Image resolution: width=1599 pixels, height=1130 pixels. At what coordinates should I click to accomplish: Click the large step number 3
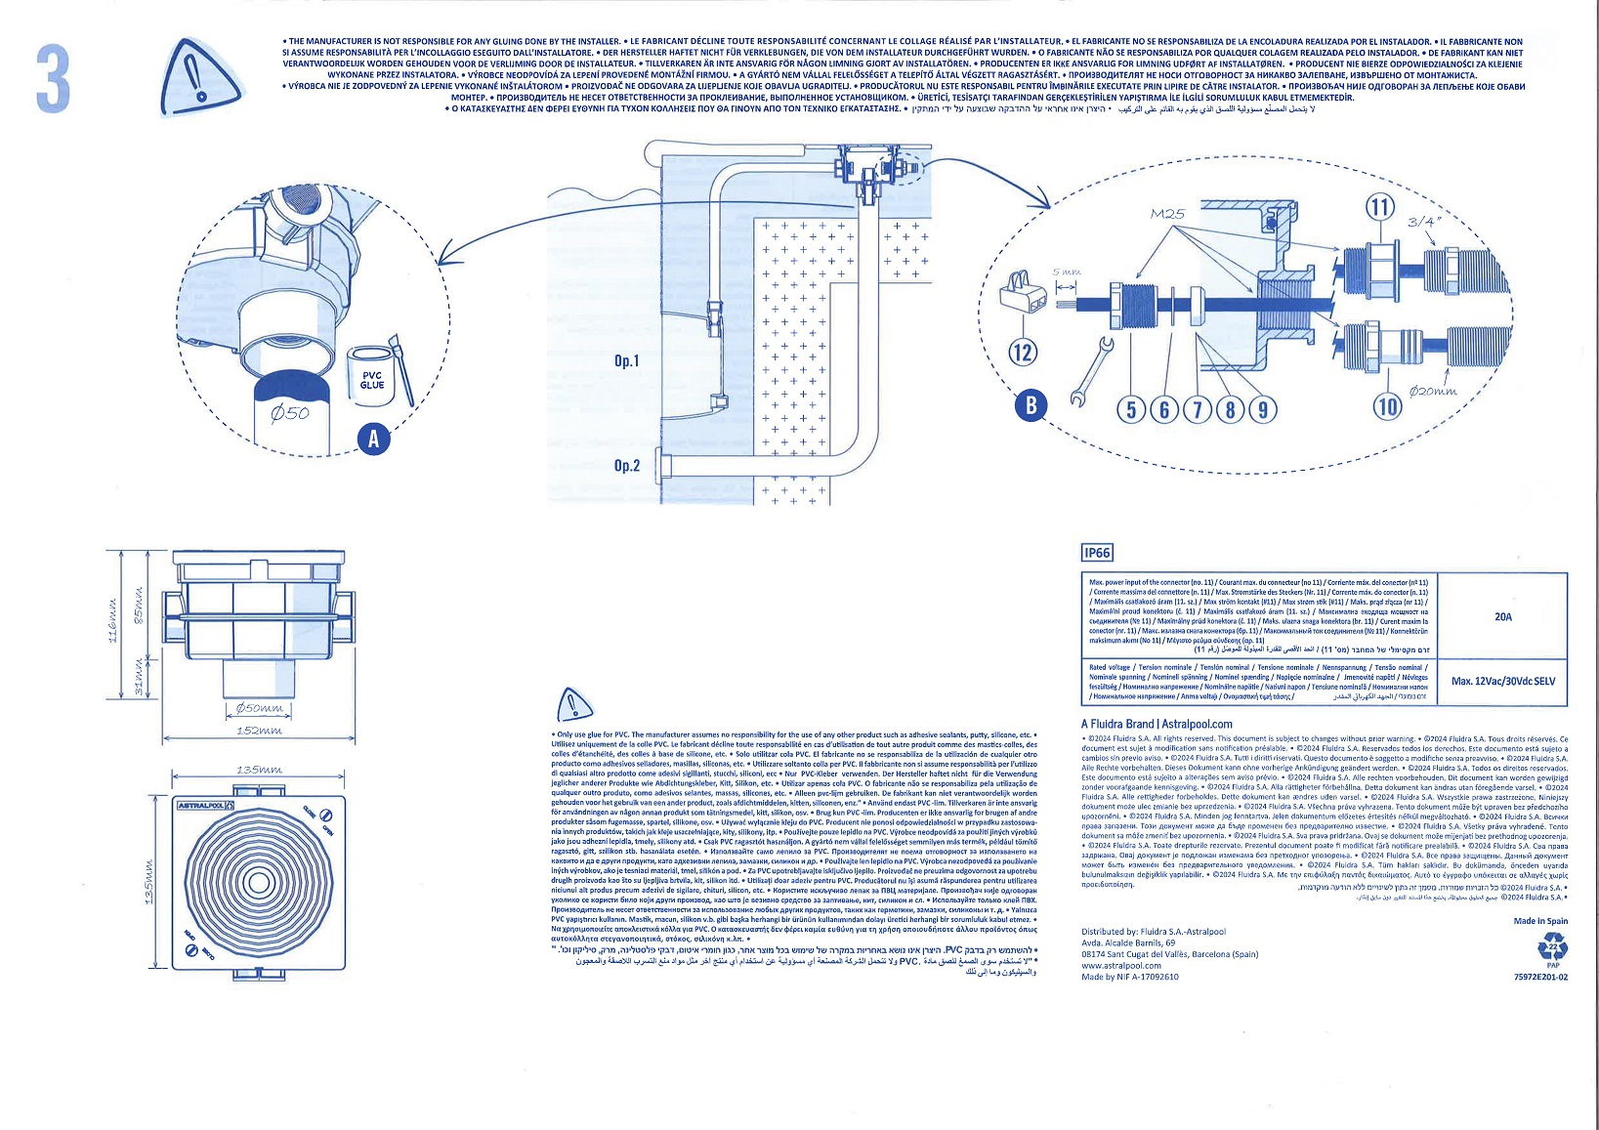click(x=53, y=77)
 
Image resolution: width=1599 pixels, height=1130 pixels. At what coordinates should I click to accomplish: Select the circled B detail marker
click(x=1031, y=405)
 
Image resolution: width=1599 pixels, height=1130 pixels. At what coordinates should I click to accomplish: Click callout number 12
click(x=1022, y=352)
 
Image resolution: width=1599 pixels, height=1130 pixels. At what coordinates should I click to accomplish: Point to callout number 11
click(x=1379, y=207)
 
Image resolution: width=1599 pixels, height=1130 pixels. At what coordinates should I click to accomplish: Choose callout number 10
click(x=1387, y=406)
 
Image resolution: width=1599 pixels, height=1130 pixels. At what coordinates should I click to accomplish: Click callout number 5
click(x=1132, y=408)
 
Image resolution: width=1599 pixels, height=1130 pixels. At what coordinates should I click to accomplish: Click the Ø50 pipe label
click(x=290, y=413)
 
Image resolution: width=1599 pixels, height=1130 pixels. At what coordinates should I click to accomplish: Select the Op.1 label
click(x=626, y=361)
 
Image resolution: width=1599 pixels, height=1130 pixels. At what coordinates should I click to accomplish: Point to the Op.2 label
click(x=626, y=466)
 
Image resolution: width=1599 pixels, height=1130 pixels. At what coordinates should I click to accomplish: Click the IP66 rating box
click(x=1097, y=553)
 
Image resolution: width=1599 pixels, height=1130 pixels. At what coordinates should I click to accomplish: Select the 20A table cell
click(x=1502, y=616)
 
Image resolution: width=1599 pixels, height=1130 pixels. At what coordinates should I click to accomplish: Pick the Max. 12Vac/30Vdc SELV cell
click(x=1502, y=681)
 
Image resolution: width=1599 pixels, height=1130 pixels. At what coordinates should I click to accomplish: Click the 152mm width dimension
click(x=259, y=731)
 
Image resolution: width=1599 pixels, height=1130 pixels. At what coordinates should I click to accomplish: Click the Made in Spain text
click(x=1540, y=921)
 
